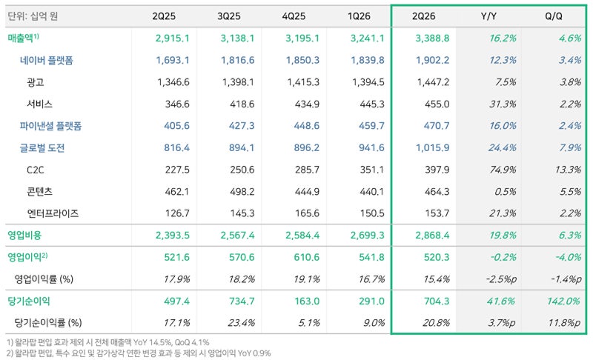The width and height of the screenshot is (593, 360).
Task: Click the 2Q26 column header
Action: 423,16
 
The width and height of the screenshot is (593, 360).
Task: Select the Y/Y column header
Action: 488,16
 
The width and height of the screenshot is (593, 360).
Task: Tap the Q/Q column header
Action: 554,16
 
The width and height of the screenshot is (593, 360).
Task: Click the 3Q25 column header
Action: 229,16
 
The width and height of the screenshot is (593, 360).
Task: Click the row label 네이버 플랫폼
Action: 47,61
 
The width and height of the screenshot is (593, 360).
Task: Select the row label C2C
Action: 35,170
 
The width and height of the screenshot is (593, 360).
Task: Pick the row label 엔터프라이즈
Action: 53,214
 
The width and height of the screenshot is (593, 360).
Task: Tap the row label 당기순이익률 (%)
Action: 48,323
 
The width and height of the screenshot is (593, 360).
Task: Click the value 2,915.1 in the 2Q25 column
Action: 173,39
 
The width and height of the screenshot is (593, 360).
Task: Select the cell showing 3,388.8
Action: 432,39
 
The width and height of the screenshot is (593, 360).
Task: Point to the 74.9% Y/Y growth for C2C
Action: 503,170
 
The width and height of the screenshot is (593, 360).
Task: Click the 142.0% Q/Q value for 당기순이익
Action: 563,301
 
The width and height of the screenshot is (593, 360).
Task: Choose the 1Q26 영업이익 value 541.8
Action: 371,257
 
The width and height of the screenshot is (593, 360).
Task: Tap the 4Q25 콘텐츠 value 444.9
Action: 307,192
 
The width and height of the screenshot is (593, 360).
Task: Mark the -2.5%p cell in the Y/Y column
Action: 501,279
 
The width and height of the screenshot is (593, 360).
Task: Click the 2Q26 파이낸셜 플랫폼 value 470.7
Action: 437,126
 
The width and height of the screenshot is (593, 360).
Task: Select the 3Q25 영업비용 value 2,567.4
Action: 237,236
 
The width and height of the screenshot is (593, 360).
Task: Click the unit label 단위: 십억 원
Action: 33,16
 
